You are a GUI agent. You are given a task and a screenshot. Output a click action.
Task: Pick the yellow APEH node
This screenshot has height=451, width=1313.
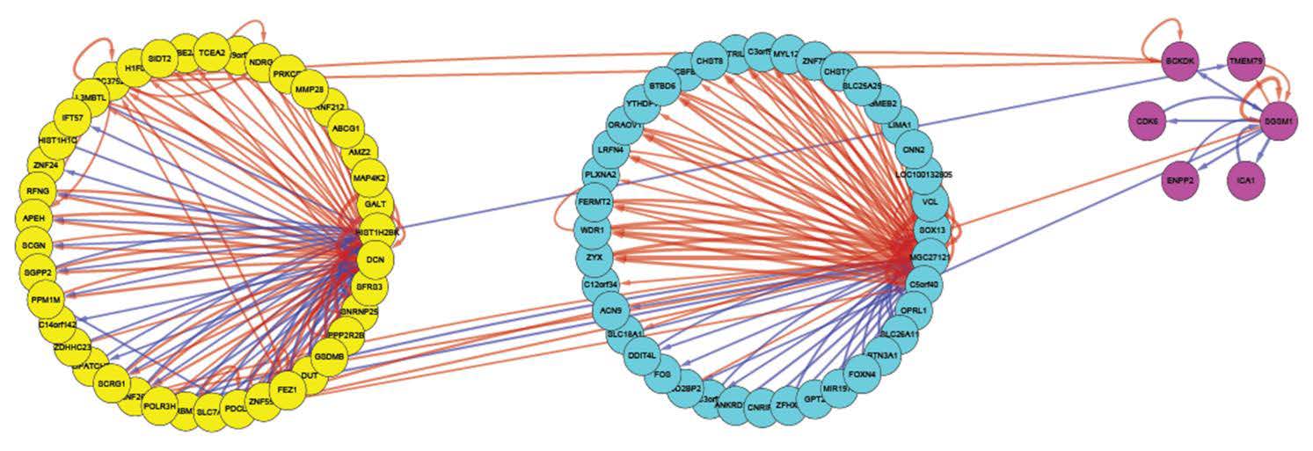(x=37, y=217)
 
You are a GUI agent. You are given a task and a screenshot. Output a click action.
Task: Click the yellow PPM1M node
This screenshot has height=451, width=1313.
(x=46, y=299)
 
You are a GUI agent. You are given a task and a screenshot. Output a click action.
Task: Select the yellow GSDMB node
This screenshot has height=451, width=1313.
(x=329, y=356)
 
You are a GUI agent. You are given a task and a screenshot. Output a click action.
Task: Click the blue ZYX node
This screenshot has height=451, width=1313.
(x=594, y=257)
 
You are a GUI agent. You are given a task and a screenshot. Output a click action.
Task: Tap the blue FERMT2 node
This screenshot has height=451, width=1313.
(x=594, y=203)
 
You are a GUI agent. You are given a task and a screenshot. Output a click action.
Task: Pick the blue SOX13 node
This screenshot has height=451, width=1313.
(x=932, y=230)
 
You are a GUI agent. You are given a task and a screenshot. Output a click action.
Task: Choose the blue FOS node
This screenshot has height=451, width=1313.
(x=664, y=374)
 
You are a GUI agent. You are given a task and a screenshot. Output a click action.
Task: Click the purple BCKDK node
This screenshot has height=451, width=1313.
(x=1178, y=62)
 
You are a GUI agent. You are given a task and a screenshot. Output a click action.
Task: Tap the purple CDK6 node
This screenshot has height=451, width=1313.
(x=1147, y=120)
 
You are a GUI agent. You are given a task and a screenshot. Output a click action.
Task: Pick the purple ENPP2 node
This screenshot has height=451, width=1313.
(x=1180, y=179)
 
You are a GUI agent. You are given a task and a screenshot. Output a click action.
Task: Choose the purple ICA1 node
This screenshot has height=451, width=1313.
(x=1244, y=179)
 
